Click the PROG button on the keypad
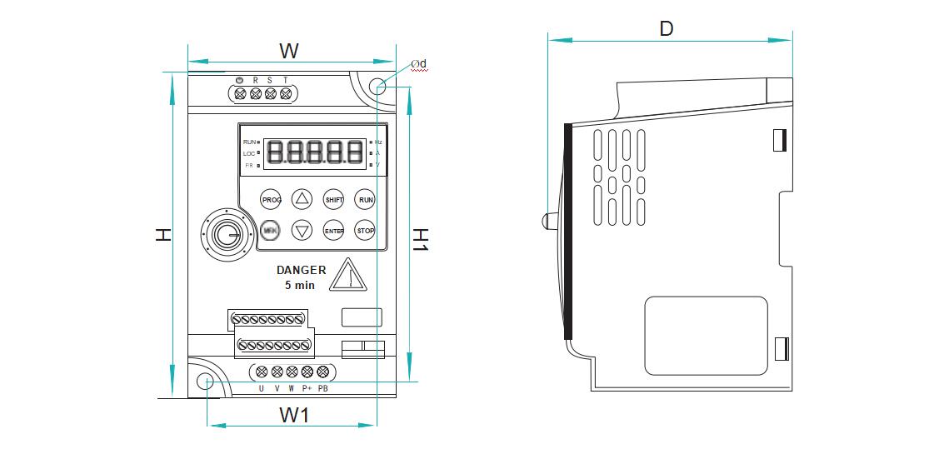(x=271, y=200)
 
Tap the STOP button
(x=365, y=230)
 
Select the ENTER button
(x=333, y=231)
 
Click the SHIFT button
(x=333, y=200)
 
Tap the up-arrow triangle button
(x=302, y=200)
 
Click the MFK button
(x=269, y=230)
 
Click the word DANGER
(x=301, y=270)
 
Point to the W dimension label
(x=288, y=51)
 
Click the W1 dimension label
(x=294, y=414)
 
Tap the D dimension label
(x=666, y=28)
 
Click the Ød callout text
(x=419, y=64)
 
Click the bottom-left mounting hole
(x=206, y=382)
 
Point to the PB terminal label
(x=322, y=389)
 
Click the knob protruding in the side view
(x=550, y=221)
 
